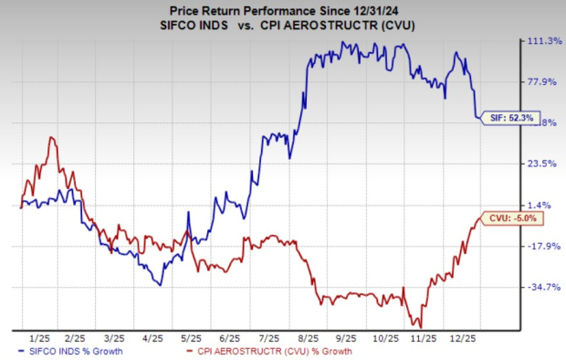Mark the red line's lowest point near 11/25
419,325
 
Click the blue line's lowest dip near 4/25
161,285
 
